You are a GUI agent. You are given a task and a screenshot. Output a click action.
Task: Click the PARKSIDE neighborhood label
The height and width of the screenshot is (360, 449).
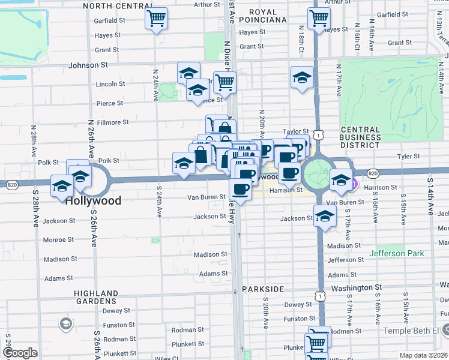pos(263,289)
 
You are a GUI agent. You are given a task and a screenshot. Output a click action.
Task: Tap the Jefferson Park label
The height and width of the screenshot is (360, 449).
pos(396,254)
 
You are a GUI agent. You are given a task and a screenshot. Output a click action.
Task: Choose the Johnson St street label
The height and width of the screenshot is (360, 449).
pos(88,64)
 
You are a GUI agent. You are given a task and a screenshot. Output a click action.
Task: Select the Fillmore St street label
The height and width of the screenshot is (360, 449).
pos(113,122)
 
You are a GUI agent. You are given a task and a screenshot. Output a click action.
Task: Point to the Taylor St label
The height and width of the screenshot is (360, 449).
pos(295,131)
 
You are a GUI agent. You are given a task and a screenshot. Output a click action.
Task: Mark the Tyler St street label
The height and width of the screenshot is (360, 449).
pos(408,157)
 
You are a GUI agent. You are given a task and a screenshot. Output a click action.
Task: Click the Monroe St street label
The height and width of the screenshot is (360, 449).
pos(58,239)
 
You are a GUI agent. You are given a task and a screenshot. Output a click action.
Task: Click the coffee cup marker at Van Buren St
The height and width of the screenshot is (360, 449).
pos(241,189)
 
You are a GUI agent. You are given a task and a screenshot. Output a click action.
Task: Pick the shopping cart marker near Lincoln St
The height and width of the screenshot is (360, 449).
pos(224,82)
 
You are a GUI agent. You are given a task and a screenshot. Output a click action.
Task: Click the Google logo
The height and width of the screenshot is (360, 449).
pos(20,353)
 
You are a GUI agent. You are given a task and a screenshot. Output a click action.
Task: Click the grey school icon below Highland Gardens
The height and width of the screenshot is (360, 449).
pos(65,325)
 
